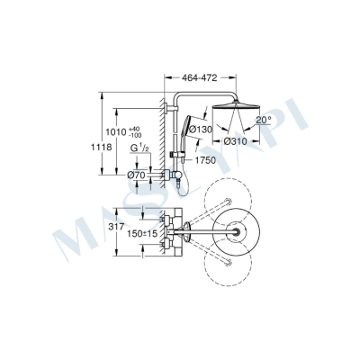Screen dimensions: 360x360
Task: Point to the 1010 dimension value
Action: pyautogui.click(x=131, y=132)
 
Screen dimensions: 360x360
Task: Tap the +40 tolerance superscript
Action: pyautogui.click(x=148, y=129)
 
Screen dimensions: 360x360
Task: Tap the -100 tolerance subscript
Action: pyautogui.click(x=149, y=137)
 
